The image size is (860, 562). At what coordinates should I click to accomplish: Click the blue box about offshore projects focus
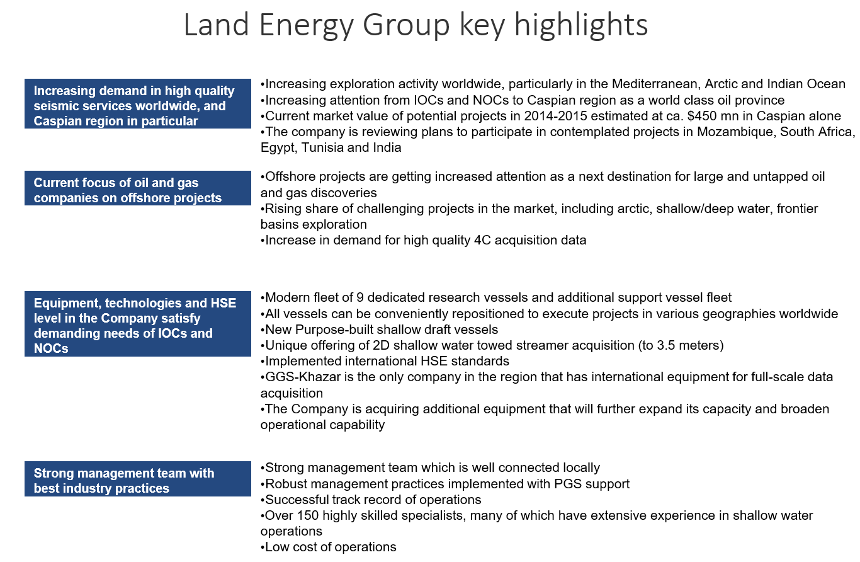pos(137,190)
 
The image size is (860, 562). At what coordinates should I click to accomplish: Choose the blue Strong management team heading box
pos(137,481)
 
